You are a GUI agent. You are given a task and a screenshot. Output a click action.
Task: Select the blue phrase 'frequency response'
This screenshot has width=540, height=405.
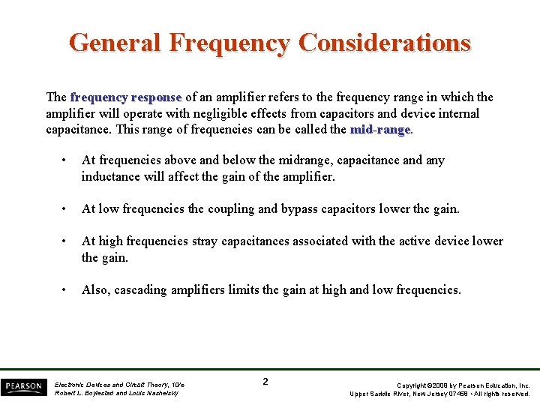coord(126,97)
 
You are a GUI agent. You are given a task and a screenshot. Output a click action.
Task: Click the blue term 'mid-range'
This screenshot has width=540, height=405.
coord(380,130)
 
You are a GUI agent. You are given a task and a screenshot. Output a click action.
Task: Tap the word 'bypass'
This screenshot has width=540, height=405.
coord(301,209)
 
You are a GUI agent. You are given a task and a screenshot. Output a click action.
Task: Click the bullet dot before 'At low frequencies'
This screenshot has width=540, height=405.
coord(66,209)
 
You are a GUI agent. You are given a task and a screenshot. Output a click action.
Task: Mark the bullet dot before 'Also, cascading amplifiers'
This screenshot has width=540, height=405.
coord(66,290)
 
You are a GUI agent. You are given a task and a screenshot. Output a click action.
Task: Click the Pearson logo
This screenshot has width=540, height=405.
coord(23,387)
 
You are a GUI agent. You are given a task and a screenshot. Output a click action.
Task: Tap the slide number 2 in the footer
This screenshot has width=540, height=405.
coord(265,382)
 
